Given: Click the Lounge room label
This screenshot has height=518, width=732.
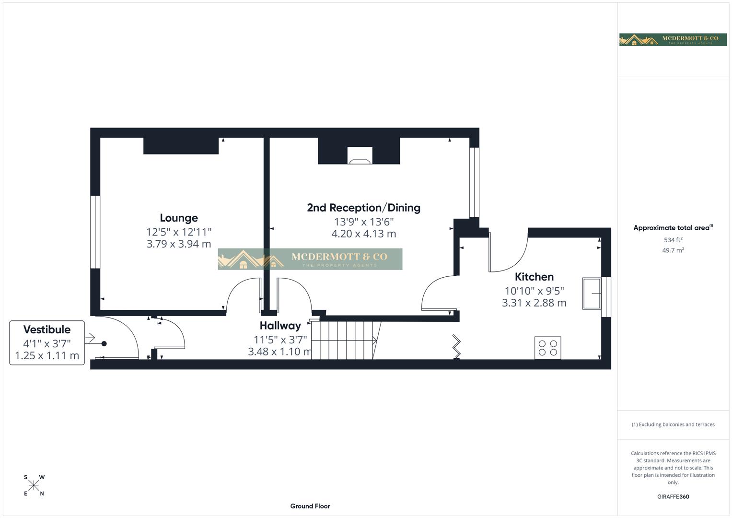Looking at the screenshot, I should [178, 218].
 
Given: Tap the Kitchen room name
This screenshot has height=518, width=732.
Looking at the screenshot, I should [534, 277].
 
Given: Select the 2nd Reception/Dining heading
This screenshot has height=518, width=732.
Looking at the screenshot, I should [363, 208].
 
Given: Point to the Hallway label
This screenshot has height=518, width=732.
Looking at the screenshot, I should [280, 326].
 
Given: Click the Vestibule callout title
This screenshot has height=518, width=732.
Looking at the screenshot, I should [47, 330].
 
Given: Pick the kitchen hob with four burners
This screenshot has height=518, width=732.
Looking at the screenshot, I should [547, 348].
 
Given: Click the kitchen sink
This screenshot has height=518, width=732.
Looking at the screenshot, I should [592, 293].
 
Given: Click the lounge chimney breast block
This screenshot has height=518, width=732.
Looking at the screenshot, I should [181, 146].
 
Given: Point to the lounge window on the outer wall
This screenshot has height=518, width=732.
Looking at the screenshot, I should [95, 232].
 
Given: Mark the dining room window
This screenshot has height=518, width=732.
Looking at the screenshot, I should [474, 182].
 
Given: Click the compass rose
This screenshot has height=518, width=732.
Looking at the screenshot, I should [34, 485].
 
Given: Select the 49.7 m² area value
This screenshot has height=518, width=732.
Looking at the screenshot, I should [673, 250].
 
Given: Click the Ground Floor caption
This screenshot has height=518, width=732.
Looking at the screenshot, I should [310, 506].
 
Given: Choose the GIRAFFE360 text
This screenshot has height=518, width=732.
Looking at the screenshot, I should [673, 496].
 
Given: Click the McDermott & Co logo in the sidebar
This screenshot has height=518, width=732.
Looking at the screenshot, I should [673, 39].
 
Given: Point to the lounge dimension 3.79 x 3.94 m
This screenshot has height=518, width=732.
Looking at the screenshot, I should [178, 244].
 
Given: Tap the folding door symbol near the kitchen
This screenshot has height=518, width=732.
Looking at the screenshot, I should [456, 347].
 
